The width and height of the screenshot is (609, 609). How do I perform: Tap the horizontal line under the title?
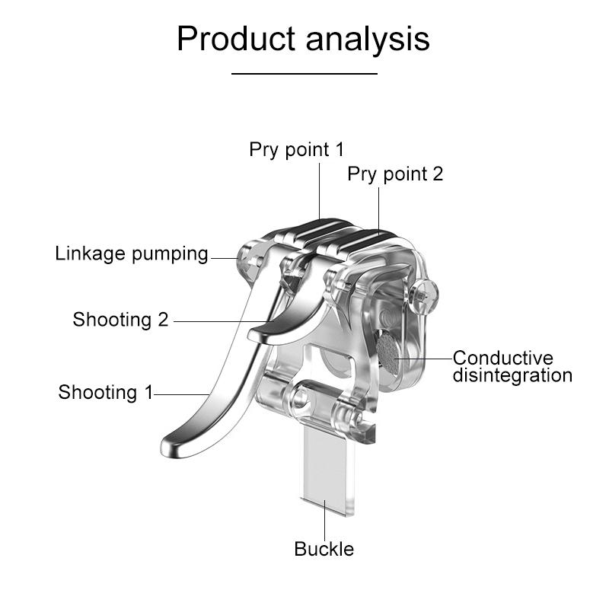pos(304,74)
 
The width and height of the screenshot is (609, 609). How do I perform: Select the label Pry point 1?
pos(296,150)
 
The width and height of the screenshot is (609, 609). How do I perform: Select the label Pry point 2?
pos(395,174)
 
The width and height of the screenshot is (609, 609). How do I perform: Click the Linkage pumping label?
pos(132,253)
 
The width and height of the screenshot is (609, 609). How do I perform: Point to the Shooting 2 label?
pos(120,319)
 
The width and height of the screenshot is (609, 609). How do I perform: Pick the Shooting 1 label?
pos(105,393)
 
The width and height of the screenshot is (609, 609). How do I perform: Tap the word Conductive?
pos(503,358)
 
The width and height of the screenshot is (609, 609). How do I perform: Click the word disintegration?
pos(512,375)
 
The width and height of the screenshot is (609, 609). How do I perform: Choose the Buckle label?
pos(324,548)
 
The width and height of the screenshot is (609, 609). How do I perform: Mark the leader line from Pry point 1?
pos(320,190)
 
